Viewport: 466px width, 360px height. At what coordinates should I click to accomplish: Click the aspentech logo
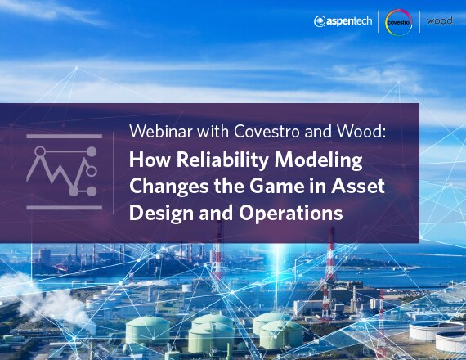pyautogui.click(x=343, y=21)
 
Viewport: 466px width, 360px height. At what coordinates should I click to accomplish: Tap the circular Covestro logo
pyautogui.click(x=398, y=22)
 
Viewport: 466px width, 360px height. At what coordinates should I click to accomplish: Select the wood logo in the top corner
pyautogui.click(x=439, y=20)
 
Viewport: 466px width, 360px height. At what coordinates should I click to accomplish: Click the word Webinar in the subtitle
pyautogui.click(x=161, y=131)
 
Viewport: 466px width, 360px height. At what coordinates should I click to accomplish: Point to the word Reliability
pyautogui.click(x=223, y=160)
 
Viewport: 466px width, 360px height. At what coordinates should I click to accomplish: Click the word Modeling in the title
pyautogui.click(x=318, y=160)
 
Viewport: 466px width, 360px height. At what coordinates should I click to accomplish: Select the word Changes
pyautogui.click(x=168, y=187)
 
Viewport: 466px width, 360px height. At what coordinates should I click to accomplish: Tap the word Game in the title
pyautogui.click(x=276, y=186)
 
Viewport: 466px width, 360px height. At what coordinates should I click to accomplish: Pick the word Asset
pyautogui.click(x=358, y=187)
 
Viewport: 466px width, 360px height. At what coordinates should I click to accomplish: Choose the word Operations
pyautogui.click(x=291, y=214)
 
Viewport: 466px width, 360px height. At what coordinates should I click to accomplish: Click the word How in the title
pyautogui.click(x=150, y=160)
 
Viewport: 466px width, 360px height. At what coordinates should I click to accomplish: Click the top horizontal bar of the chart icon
pyautogui.click(x=65, y=137)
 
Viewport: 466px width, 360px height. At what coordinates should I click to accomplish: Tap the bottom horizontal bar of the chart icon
pyautogui.click(x=65, y=207)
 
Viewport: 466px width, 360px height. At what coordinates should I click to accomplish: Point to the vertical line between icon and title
pyautogui.click(x=114, y=173)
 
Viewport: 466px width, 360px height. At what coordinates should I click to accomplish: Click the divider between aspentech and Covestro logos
pyautogui.click(x=379, y=21)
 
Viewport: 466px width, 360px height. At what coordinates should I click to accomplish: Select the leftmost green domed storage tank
pyautogui.click(x=147, y=331)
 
